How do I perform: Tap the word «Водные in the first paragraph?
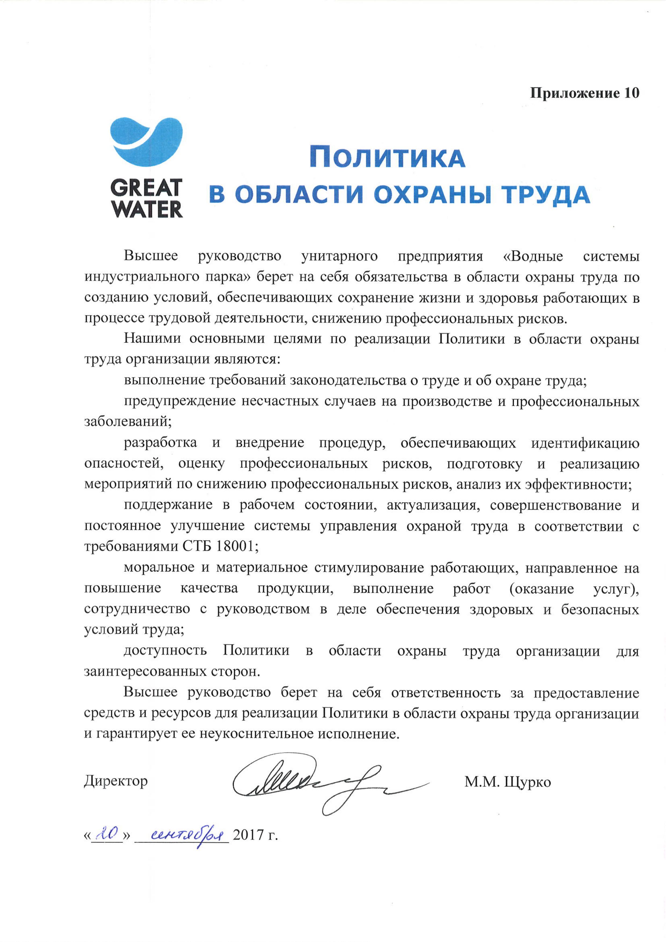(533, 257)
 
